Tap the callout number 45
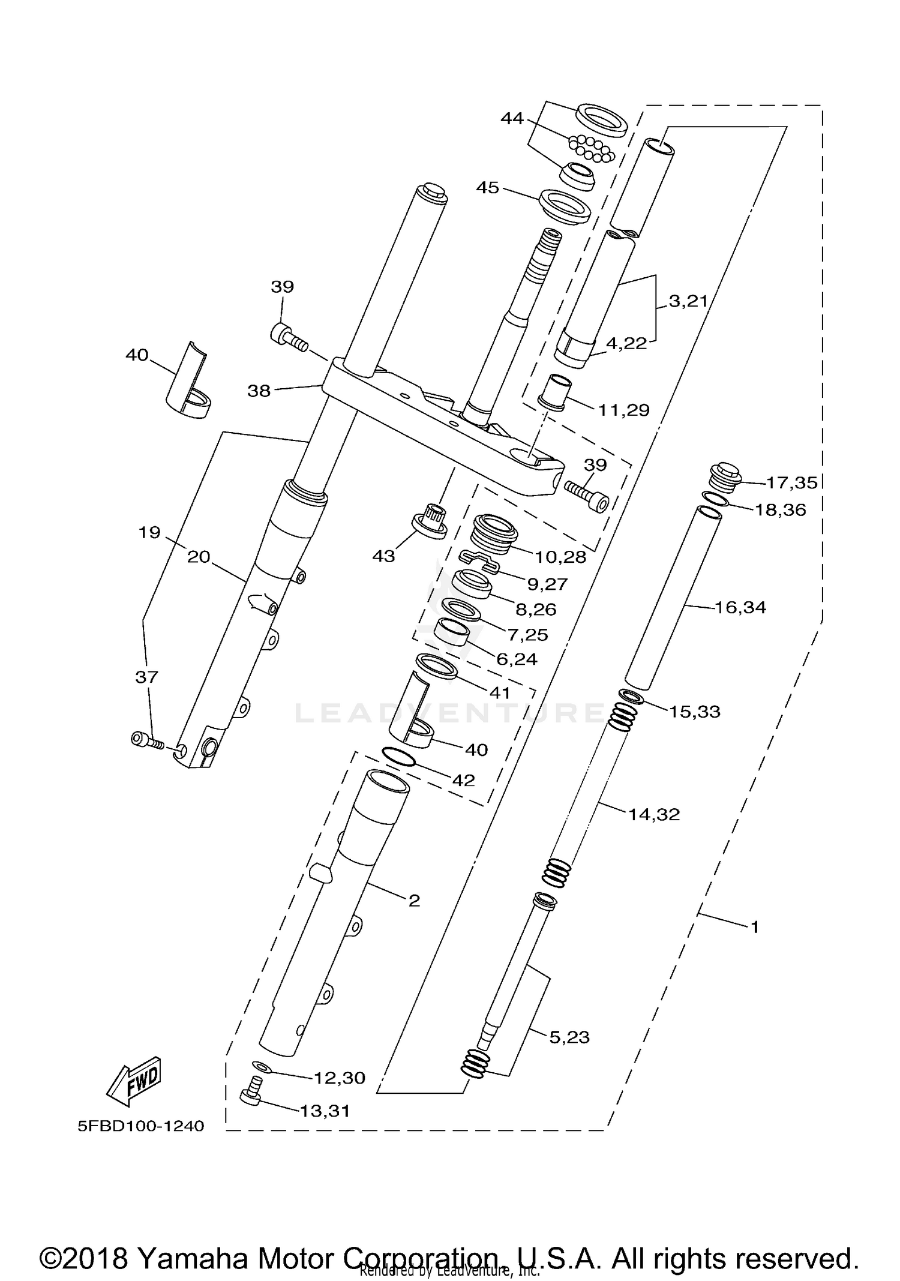487,188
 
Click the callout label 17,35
791,482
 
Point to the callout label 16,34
740,608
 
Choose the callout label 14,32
654,814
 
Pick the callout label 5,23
569,1037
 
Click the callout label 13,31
325,1111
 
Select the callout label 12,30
339,1078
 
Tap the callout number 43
383,556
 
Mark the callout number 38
259,391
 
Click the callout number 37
146,677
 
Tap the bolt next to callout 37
147,740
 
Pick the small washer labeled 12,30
262,1066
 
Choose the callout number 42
464,780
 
